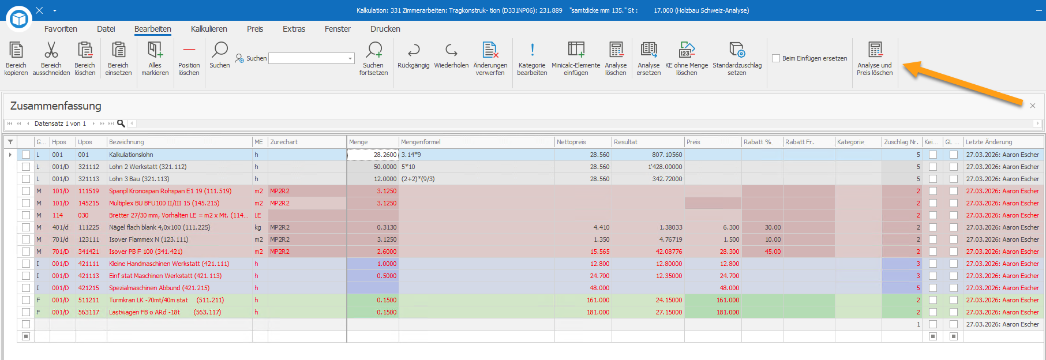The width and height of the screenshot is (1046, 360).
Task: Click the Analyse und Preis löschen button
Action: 874,58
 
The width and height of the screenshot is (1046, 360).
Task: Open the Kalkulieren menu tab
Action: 209,29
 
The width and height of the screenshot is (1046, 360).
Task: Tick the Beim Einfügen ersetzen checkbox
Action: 776,58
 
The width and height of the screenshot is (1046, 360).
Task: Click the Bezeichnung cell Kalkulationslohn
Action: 131,155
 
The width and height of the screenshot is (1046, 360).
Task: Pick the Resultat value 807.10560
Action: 667,155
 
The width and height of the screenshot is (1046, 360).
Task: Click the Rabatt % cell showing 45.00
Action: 773,252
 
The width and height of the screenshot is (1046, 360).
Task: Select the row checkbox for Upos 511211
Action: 26,300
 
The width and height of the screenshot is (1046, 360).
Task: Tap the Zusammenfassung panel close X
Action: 1033,106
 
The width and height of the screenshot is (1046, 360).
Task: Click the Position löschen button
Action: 189,58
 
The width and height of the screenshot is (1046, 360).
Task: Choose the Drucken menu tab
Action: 385,29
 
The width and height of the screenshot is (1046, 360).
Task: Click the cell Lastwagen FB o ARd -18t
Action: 144,312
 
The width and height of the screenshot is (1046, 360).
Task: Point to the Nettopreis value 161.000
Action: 598,300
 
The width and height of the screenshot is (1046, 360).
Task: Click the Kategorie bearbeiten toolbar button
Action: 532,58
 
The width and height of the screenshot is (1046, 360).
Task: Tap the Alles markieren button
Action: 155,58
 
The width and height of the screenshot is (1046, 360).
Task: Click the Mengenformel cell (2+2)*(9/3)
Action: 418,179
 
